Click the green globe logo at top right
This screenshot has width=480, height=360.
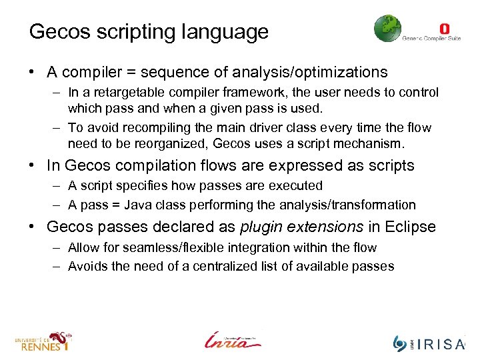(387, 29)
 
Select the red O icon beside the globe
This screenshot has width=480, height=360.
(445, 29)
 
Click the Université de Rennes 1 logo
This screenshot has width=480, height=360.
(44, 341)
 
